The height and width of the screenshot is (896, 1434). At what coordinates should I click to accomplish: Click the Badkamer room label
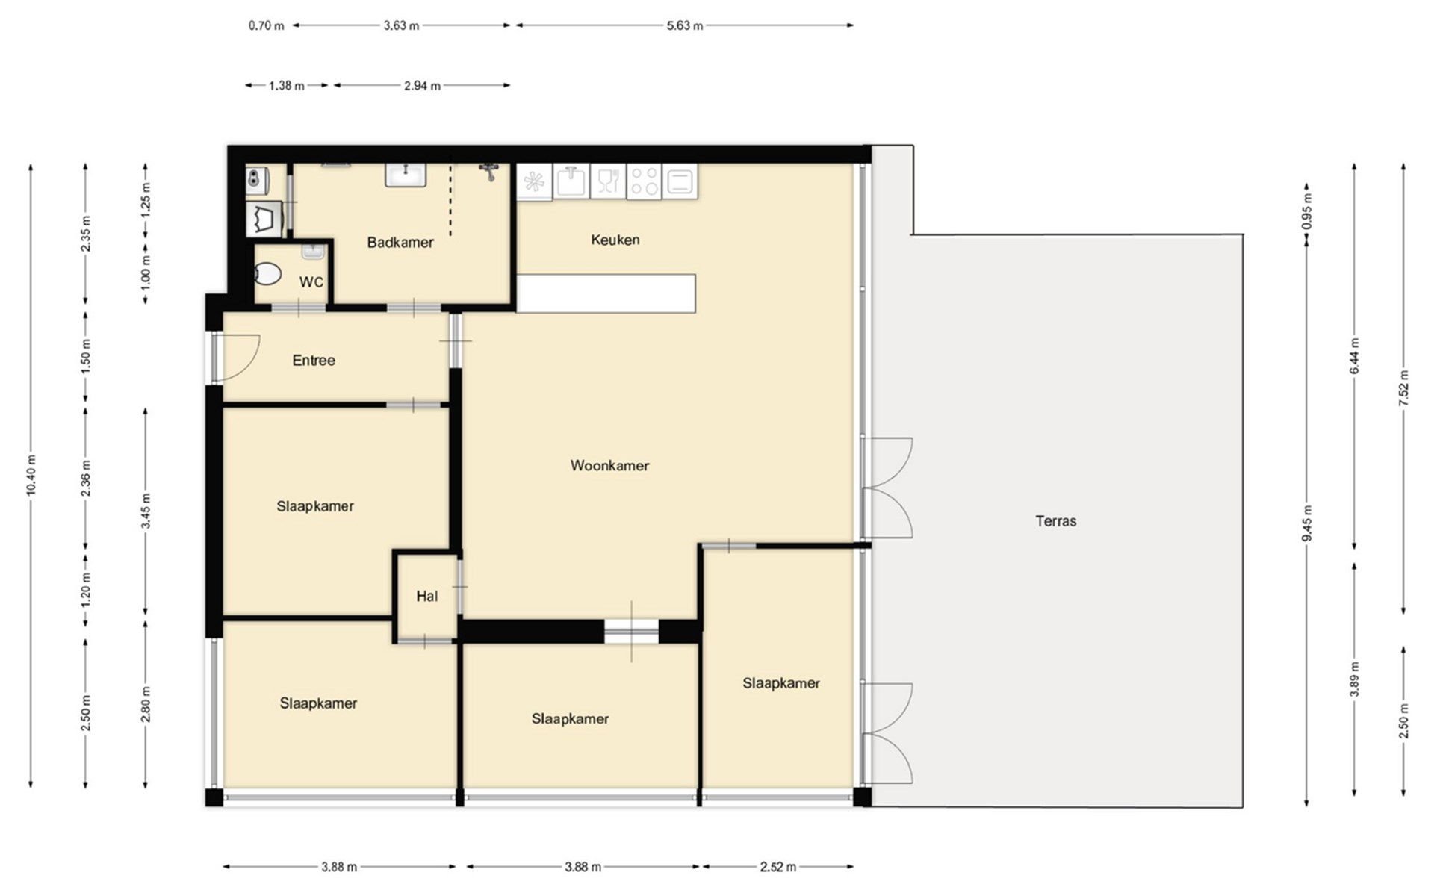click(x=400, y=242)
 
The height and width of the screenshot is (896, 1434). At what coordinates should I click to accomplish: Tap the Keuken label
click(x=615, y=240)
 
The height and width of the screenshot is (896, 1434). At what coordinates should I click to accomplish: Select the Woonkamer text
click(x=609, y=465)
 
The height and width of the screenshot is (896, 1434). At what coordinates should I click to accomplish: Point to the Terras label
click(x=1055, y=521)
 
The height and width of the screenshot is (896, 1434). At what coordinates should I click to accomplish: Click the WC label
click(x=311, y=282)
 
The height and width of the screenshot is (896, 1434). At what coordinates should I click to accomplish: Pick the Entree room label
click(x=314, y=361)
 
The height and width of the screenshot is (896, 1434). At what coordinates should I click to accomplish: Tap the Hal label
click(x=426, y=596)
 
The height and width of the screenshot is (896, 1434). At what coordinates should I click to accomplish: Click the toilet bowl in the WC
click(x=267, y=274)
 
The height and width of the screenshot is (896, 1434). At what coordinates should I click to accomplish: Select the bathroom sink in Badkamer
click(x=406, y=175)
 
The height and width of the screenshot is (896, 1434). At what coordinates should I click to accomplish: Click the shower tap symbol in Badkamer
click(x=489, y=172)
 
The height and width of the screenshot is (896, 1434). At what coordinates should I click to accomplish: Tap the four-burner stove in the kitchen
click(x=644, y=181)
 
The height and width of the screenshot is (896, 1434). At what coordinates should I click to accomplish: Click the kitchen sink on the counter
click(x=571, y=181)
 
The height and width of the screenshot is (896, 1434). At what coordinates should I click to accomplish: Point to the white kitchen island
click(x=606, y=293)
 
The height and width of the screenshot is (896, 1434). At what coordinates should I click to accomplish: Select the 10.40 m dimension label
click(x=31, y=475)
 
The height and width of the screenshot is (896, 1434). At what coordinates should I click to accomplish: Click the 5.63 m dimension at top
click(x=685, y=25)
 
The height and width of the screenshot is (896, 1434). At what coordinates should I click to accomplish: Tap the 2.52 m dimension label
click(x=778, y=867)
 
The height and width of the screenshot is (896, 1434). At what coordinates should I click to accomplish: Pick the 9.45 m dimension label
click(x=1307, y=523)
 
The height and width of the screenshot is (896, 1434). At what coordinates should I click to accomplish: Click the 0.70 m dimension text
click(x=267, y=25)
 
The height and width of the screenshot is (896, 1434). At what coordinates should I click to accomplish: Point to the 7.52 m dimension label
click(x=1403, y=388)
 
